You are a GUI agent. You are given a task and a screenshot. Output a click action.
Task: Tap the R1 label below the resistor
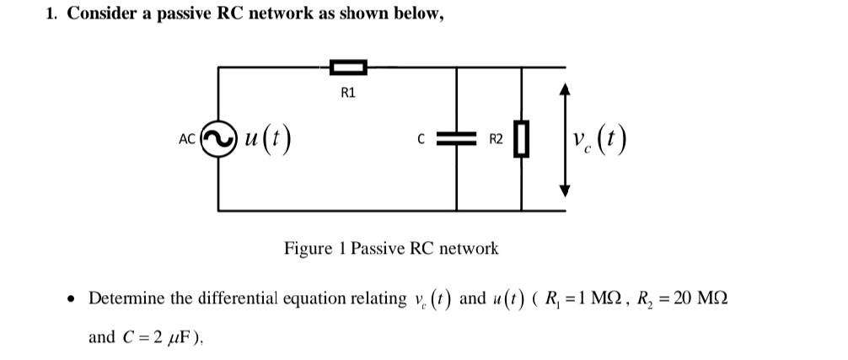(348, 93)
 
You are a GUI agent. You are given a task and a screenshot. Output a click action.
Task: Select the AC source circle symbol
(219, 138)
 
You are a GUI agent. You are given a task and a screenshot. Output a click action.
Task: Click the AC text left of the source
(187, 139)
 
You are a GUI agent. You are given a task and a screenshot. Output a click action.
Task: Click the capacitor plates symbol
(457, 140)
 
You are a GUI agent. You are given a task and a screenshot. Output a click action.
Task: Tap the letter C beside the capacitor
(421, 140)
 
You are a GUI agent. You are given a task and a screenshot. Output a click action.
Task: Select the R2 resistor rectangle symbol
(522, 139)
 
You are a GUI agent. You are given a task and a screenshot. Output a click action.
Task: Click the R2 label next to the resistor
(496, 140)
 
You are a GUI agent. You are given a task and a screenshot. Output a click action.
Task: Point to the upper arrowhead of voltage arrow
(566, 89)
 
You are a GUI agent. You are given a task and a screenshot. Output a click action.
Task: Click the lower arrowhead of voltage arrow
(566, 191)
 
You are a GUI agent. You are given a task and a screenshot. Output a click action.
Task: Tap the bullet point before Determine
(73, 299)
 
